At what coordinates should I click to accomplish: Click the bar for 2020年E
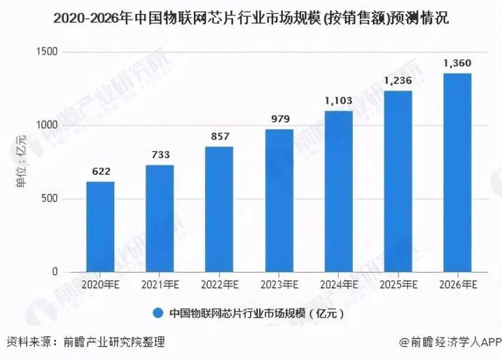click(x=100, y=227)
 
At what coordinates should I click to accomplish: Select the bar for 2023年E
click(x=279, y=200)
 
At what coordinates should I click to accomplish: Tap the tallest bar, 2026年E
click(x=457, y=172)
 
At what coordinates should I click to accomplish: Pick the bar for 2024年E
click(x=338, y=191)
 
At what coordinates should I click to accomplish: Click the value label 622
click(x=100, y=170)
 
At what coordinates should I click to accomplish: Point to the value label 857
click(x=219, y=135)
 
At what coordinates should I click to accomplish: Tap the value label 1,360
click(x=457, y=63)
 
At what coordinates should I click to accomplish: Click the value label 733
click(x=160, y=154)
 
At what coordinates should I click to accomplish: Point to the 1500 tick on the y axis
click(x=49, y=52)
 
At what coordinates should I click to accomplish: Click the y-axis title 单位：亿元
click(x=23, y=162)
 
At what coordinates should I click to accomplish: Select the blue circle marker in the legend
click(x=158, y=313)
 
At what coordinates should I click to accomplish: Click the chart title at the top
click(x=251, y=19)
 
